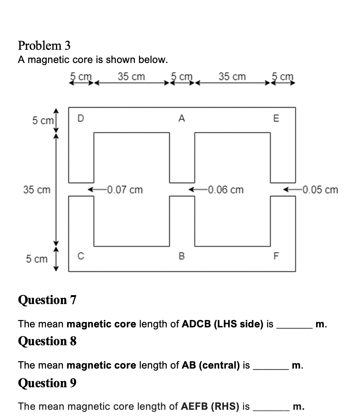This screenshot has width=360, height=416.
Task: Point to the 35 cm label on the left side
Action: coord(37,190)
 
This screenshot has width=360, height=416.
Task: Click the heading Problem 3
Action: coord(44,46)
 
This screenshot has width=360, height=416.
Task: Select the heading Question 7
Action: coord(47,300)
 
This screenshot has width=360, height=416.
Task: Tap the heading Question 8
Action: coord(47,341)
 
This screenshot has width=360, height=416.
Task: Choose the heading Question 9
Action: coord(47,383)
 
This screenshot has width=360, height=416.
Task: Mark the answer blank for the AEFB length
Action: coord(270,407)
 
